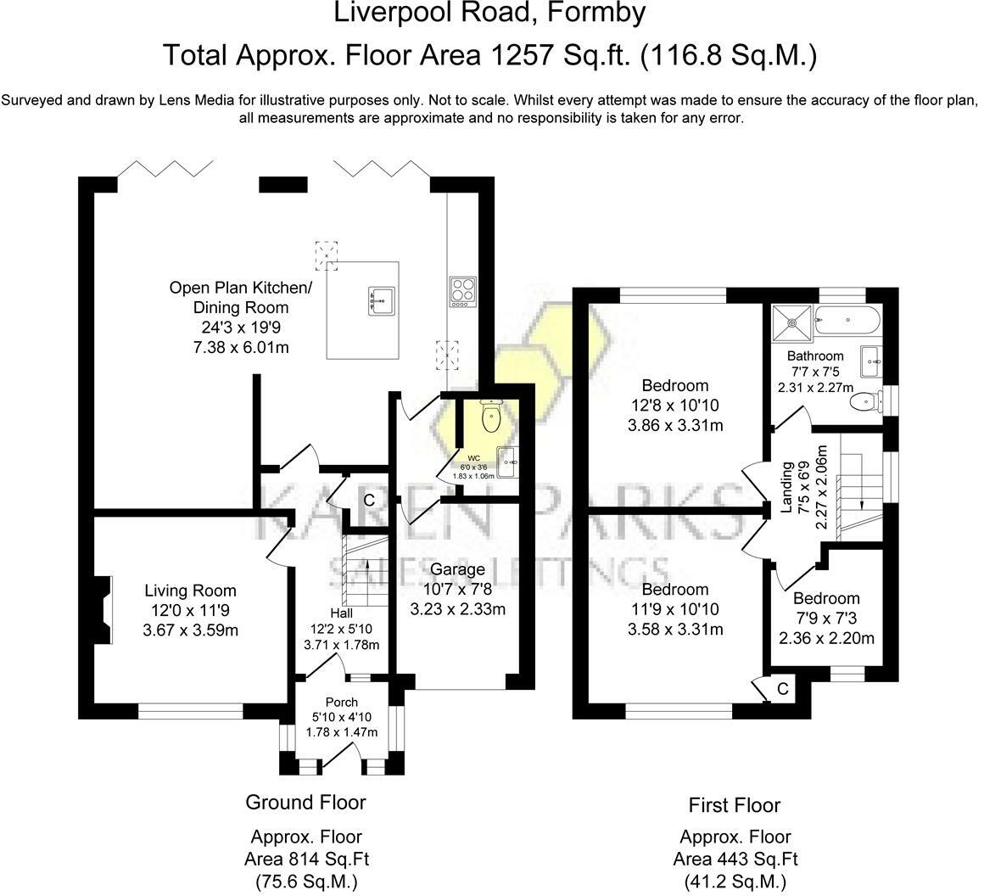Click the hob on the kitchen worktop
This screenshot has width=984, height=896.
tap(462, 292)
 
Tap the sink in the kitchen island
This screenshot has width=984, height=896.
tap(382, 300)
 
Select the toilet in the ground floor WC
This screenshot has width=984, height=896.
tap(489, 415)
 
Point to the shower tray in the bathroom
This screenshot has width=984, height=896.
tap(792, 322)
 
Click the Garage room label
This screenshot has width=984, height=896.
tap(457, 569)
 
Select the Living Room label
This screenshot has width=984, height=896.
tap(190, 591)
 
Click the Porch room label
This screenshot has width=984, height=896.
tap(341, 702)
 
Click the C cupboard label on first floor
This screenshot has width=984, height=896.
tap(782, 689)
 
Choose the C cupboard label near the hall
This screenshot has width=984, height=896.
tap(369, 500)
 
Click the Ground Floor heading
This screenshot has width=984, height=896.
tap(305, 802)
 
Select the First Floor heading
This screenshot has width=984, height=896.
tap(735, 805)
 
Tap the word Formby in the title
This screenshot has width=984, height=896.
tap(597, 13)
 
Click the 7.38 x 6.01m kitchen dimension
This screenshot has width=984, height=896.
tap(241, 347)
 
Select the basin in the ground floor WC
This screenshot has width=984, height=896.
tap(507, 462)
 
